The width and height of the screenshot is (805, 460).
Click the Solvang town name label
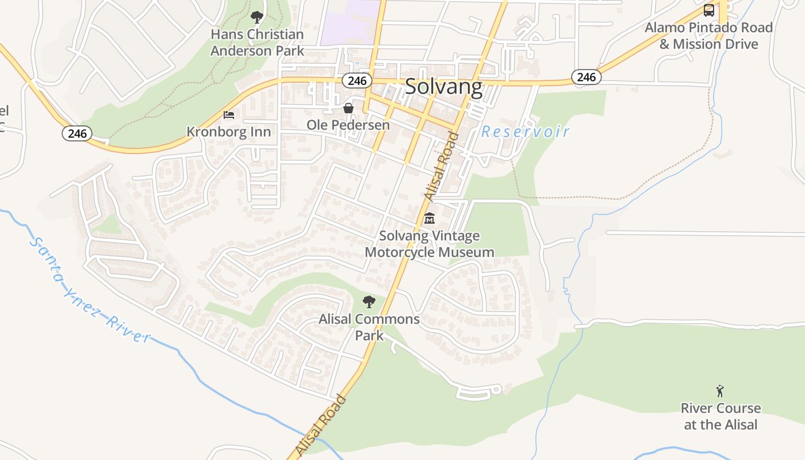tap(443, 86)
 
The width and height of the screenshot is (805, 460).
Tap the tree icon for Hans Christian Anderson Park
tap(257, 17)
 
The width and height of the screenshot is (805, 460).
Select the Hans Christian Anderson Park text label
tap(257, 43)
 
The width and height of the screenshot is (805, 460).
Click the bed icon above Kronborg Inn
tap(229, 114)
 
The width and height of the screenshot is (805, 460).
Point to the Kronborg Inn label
tap(228, 132)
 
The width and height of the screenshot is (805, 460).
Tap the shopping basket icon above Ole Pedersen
tap(348, 108)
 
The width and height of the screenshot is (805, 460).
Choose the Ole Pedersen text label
tap(348, 125)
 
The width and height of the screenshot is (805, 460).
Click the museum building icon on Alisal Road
tap(430, 218)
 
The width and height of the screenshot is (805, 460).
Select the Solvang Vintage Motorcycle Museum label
tap(430, 244)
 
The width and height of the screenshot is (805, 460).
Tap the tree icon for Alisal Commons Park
tap(369, 301)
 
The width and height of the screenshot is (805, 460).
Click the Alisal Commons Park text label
tap(369, 327)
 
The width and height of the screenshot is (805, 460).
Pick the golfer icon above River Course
tap(720, 391)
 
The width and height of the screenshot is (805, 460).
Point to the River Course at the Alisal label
tap(720, 416)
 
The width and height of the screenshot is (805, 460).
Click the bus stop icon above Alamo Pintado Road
tap(709, 10)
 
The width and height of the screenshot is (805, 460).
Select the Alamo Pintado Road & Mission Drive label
tap(709, 36)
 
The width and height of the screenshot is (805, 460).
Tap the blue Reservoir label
tap(525, 132)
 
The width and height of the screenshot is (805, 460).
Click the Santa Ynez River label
tap(89, 291)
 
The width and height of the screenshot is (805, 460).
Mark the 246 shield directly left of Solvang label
tap(356, 80)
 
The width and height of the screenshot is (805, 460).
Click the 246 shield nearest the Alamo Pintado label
tap(586, 76)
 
